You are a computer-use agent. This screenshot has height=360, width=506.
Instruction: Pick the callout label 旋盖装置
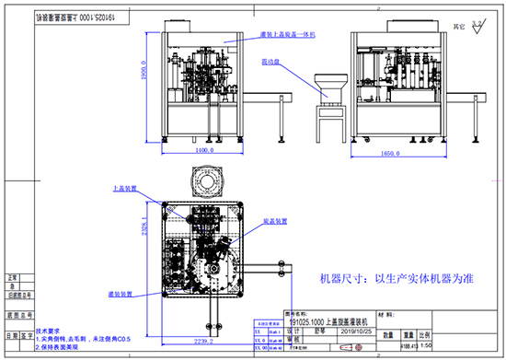[x=278, y=222]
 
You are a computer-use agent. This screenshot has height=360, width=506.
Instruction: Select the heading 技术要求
[x=49, y=329]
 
